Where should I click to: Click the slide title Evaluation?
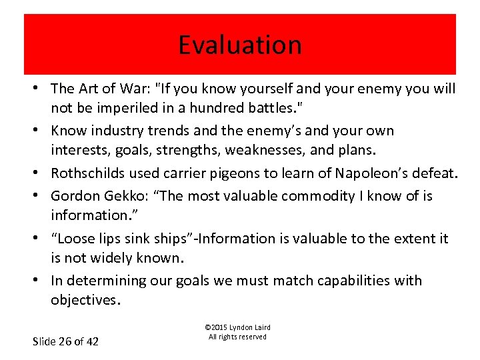pyautogui.click(x=240, y=45)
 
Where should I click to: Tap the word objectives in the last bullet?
pyautogui.click(x=84, y=300)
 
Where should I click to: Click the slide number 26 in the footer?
pyautogui.click(x=65, y=341)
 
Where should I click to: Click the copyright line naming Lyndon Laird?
pyautogui.click(x=237, y=327)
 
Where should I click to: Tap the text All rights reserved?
pyautogui.click(x=237, y=337)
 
